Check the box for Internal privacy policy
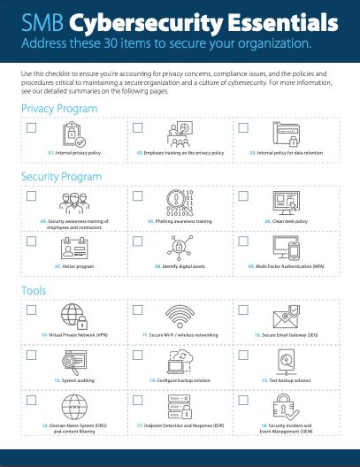click(x=32, y=128)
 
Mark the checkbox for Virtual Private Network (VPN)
click(x=32, y=311)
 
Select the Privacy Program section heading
click(x=59, y=108)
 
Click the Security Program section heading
click(x=61, y=177)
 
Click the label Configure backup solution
click(x=180, y=379)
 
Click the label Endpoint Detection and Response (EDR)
click(x=180, y=425)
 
